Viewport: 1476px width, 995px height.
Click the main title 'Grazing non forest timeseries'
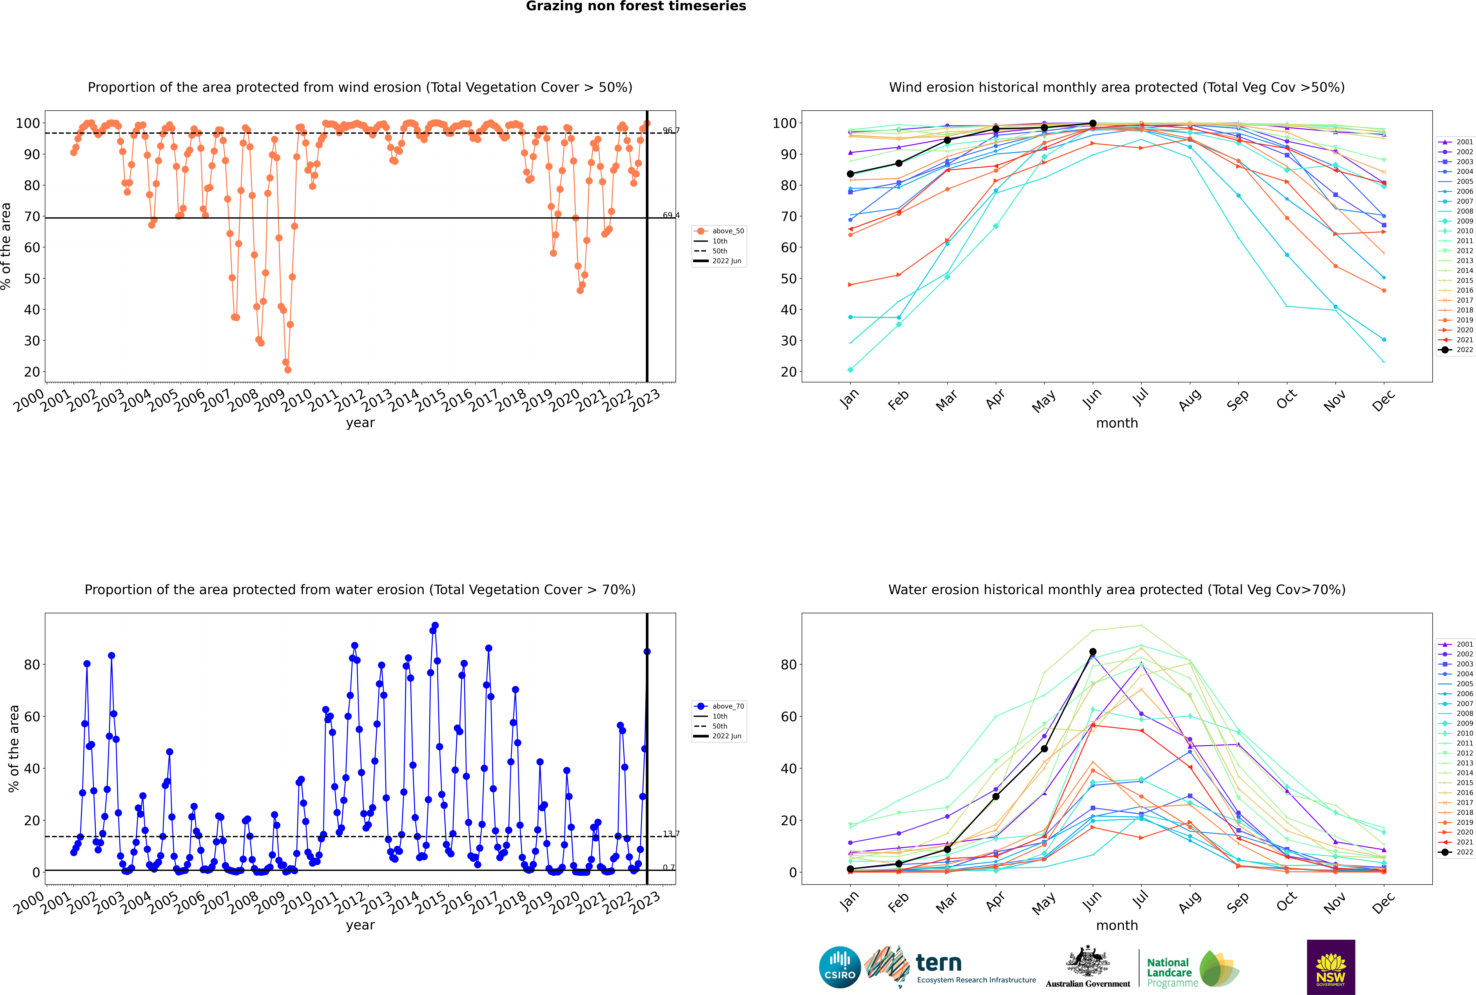click(636, 6)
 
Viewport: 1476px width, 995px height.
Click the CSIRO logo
click(839, 967)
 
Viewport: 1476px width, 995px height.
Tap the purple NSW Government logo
click(1331, 966)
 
